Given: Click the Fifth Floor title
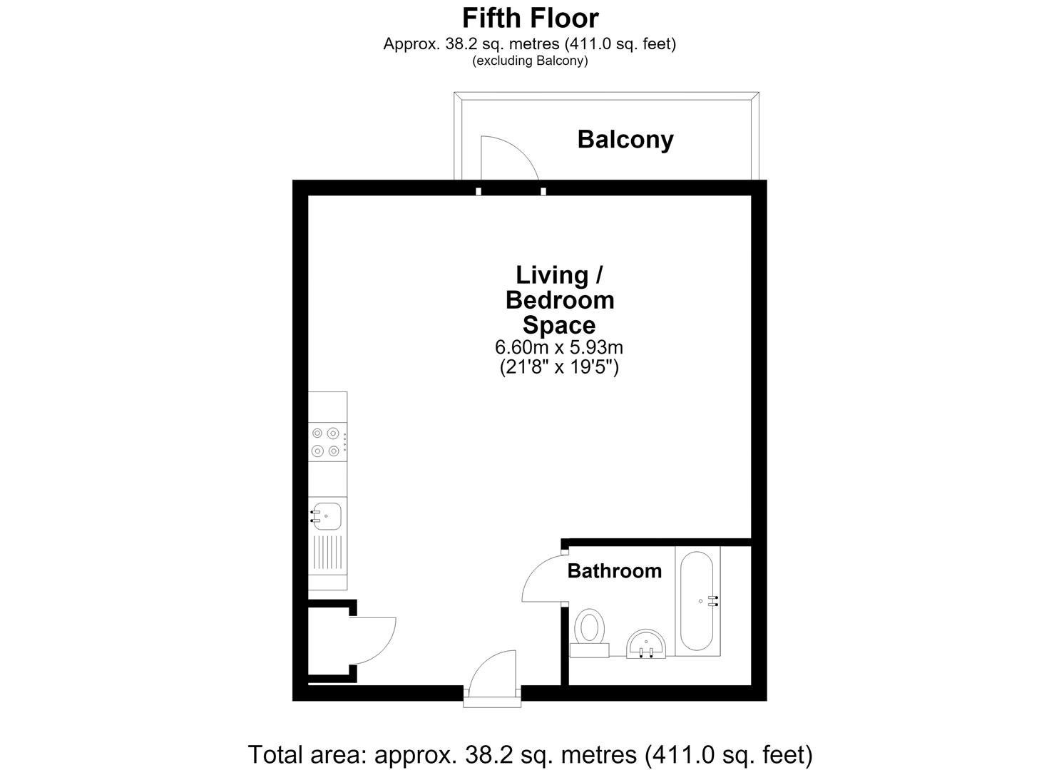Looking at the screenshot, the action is coord(530,19).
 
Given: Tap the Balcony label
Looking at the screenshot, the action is coord(625,140).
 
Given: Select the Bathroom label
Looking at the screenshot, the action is coord(614,571).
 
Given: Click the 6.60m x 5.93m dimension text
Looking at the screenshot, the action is coord(559,347).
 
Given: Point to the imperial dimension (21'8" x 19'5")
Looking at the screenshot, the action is coord(559,367).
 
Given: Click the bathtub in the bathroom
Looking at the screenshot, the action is coord(697,601).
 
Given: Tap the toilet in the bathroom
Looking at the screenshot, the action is coord(589,632).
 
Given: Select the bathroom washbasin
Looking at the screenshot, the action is coord(646,643).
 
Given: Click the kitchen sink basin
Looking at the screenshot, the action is coord(327,516).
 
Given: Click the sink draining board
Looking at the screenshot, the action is coord(327,552).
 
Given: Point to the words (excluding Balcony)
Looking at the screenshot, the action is coord(530,61).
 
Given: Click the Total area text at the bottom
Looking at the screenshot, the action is coord(530,754).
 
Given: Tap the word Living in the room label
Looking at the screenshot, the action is coord(552,275).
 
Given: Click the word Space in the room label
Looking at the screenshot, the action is coord(559,326).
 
